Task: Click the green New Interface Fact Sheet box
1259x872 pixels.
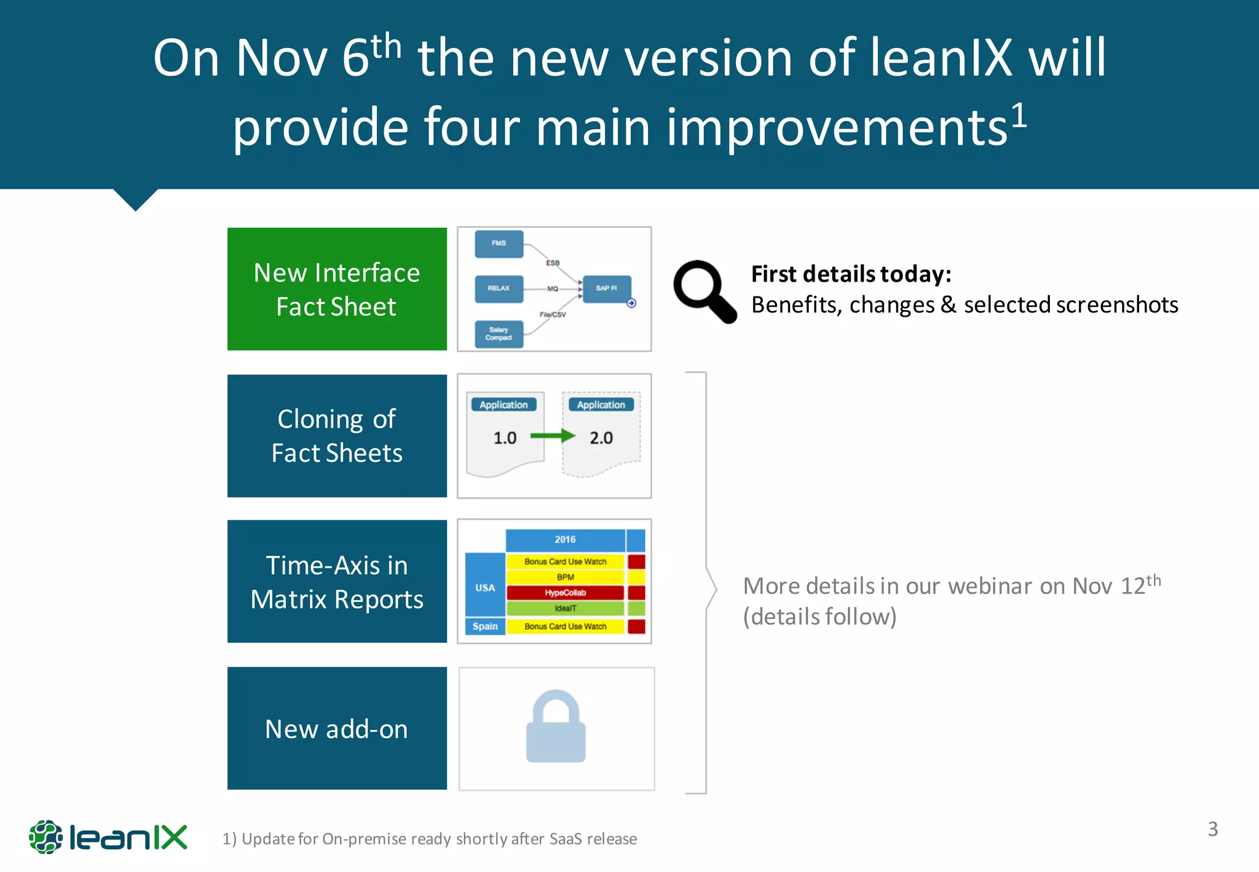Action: pos(337,289)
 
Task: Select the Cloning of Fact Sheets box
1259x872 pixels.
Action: pos(337,435)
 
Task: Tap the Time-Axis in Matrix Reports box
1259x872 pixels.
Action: pos(337,581)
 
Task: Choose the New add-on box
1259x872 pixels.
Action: pos(337,728)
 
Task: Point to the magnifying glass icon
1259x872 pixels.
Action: pos(703,291)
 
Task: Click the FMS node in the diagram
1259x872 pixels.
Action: pos(499,244)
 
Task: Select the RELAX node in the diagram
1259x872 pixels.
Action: pos(499,288)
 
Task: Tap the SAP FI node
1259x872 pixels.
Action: pos(606,288)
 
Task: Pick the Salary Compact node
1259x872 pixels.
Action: pos(499,334)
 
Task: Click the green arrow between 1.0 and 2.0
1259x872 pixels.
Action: pos(552,436)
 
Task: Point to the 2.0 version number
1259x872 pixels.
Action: pos(601,438)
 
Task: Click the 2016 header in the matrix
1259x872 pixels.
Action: pos(565,540)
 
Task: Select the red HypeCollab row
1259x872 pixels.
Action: pos(565,593)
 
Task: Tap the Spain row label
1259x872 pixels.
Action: pos(485,626)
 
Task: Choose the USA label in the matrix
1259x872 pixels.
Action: pos(485,587)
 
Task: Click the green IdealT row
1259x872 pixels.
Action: pos(565,608)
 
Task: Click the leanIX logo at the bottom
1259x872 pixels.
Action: pos(108,837)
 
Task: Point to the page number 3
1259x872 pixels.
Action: pos(1212,829)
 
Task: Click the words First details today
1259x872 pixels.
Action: pos(851,274)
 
